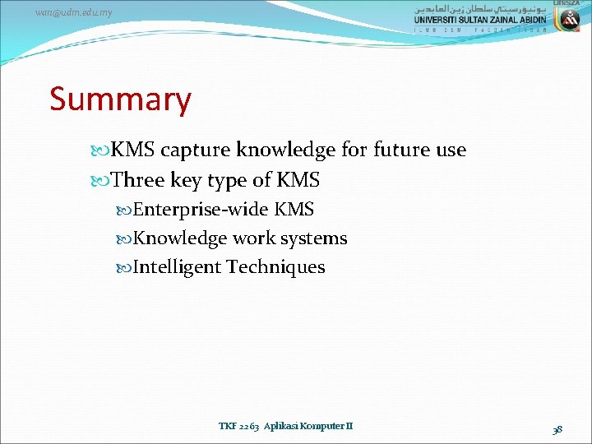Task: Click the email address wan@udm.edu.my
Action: coord(75,13)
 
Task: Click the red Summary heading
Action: coord(120,99)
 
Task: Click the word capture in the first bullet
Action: coord(196,150)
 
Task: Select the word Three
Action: coord(138,180)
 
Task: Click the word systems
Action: coord(313,238)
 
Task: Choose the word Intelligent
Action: coord(177,267)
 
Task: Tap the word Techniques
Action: coord(276,267)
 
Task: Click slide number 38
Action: coord(557,429)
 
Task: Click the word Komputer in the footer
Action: coord(325,426)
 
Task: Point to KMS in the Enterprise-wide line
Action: coord(294,210)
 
